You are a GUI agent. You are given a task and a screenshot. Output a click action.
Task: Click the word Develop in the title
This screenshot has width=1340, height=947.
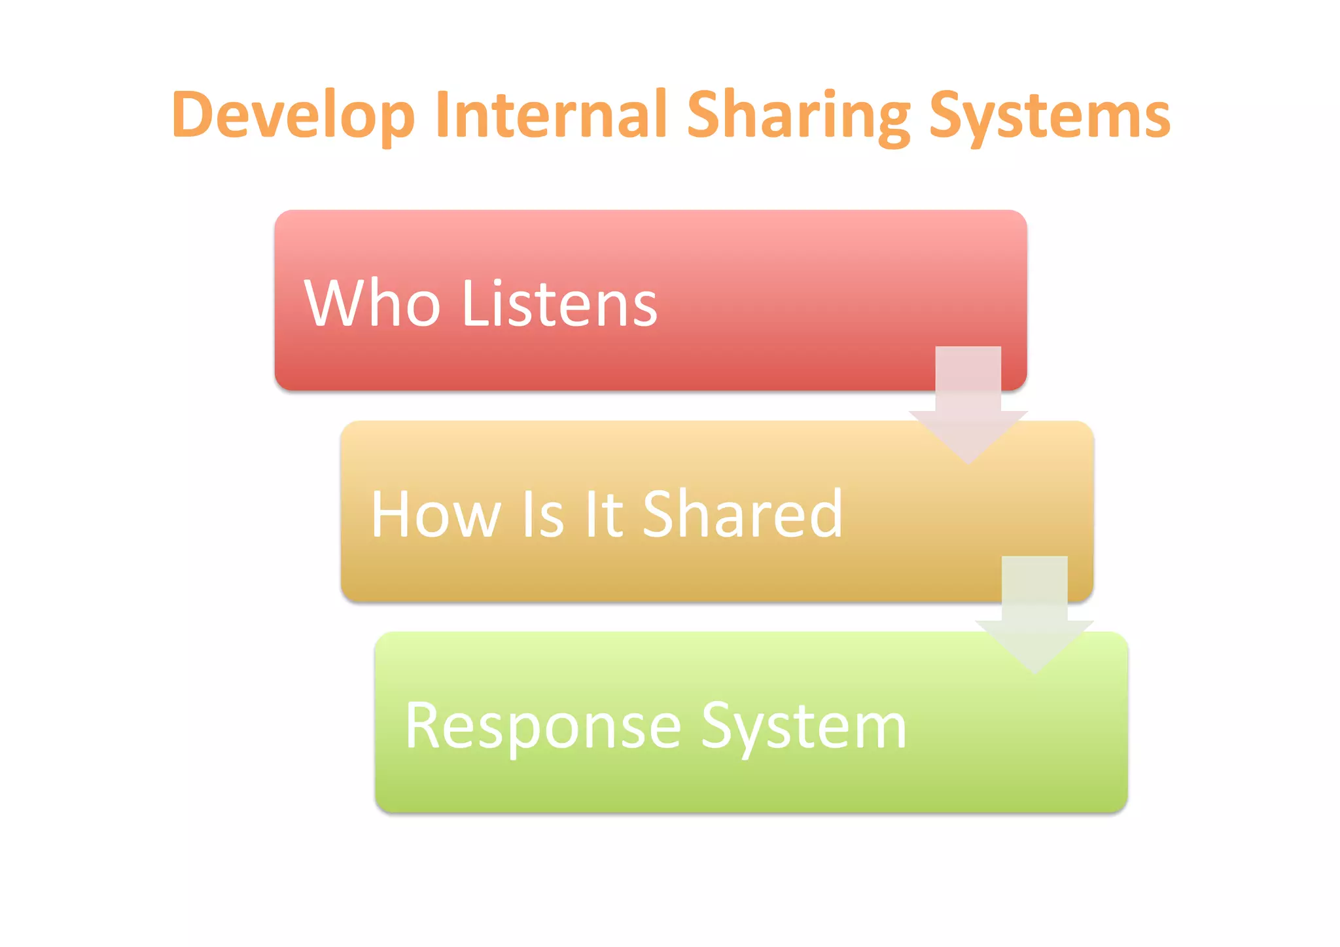pyautogui.click(x=293, y=116)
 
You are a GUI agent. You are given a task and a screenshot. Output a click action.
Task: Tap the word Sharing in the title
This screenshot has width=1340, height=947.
pyautogui.click(x=798, y=116)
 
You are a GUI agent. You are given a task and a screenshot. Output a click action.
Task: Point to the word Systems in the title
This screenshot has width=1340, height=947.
pyautogui.click(x=1049, y=116)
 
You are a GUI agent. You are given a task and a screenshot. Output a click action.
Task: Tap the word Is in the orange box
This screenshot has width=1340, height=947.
pyautogui.click(x=542, y=514)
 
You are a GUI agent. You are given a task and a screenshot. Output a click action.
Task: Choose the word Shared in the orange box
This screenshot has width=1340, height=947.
pyautogui.click(x=743, y=514)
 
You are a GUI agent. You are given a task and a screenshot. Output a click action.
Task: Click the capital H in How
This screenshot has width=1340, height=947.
pyautogui.click(x=391, y=514)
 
